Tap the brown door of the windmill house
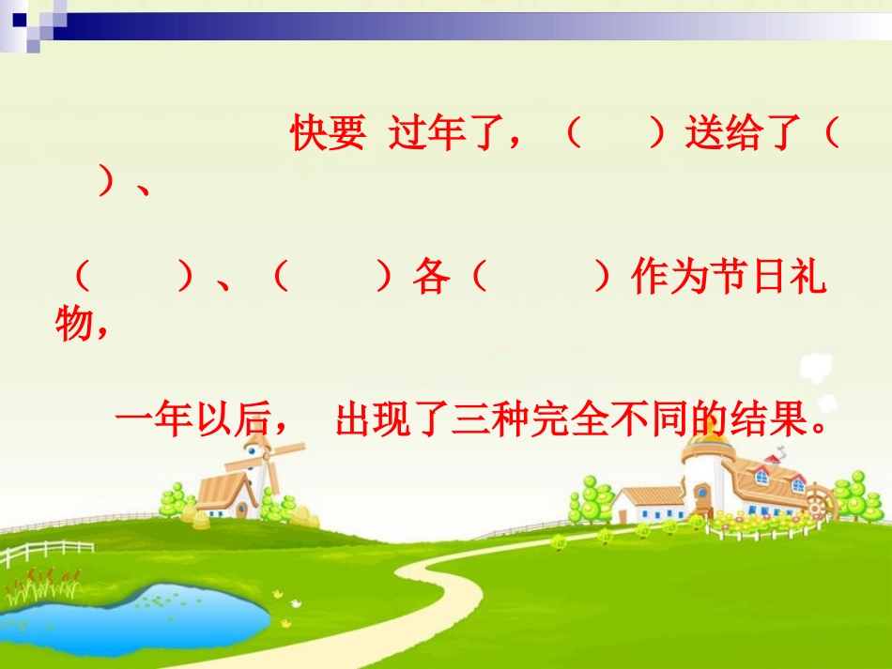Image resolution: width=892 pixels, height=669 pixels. [241, 510]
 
